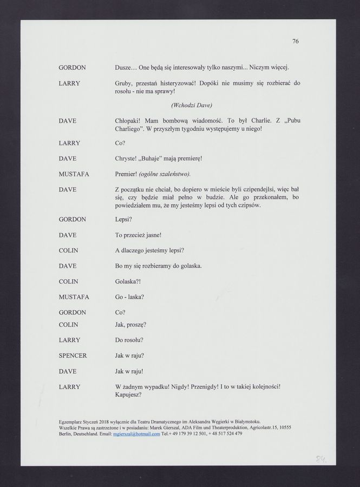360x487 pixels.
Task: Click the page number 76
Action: [x=295, y=41]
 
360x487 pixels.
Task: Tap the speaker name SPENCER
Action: [x=73, y=356]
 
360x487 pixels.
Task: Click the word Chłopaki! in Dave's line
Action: [x=128, y=120]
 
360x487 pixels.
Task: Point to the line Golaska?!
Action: [x=128, y=281]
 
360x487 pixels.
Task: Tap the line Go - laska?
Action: [x=129, y=297]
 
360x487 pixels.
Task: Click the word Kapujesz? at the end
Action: [x=128, y=394]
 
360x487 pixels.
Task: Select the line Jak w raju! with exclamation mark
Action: [x=129, y=371]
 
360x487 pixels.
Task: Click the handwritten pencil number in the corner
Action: [x=321, y=459]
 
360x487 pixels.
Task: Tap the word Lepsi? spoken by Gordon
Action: [x=123, y=220]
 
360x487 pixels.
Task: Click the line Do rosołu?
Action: [x=129, y=340]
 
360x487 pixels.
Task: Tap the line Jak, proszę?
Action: [x=130, y=324]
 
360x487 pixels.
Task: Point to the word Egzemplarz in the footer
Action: [x=72, y=421]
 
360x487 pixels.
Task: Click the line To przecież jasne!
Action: [x=139, y=235]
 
